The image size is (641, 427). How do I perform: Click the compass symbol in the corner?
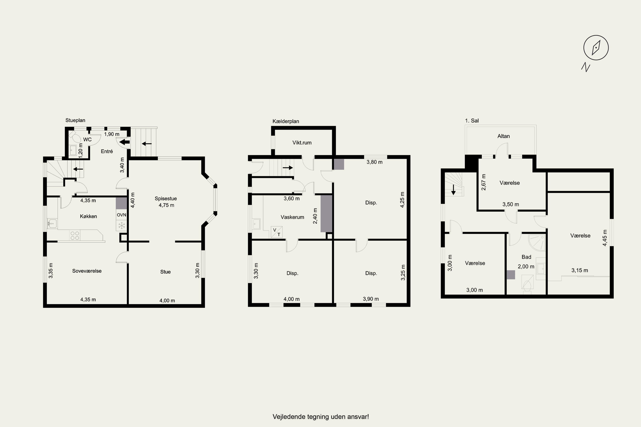596,48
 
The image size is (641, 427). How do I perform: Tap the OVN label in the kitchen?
122,215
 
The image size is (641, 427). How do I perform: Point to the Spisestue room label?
166,199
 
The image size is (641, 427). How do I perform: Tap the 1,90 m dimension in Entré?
112,134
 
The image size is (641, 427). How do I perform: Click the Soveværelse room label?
87,271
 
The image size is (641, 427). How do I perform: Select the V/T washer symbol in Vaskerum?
277,232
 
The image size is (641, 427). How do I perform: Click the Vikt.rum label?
302,143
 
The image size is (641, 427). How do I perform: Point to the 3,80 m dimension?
375,162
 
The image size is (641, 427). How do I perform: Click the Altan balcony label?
504,136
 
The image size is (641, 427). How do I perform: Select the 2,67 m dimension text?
484,182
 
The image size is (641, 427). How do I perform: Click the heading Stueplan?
75,120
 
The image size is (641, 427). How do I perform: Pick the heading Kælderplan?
286,121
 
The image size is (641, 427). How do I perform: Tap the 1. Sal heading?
472,121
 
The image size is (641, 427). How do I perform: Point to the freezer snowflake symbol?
122,225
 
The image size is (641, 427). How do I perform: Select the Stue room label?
165,272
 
